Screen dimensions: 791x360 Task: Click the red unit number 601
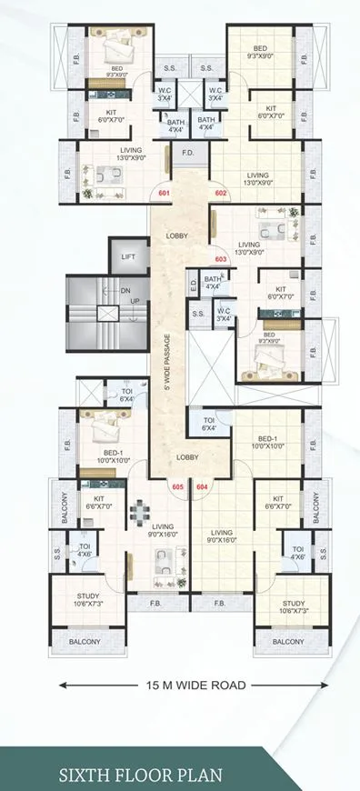[x=164, y=194]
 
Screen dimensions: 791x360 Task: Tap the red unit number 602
[x=220, y=194]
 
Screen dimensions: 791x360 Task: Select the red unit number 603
[x=220, y=257]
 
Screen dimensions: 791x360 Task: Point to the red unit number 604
[x=202, y=486]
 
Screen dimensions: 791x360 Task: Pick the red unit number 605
[x=177, y=486]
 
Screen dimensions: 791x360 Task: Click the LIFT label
[x=129, y=257]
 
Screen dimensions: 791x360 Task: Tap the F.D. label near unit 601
[x=188, y=153]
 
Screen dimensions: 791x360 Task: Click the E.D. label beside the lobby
[x=193, y=285]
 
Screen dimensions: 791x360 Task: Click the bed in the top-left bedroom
[x=115, y=45]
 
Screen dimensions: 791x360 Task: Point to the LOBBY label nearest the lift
[x=177, y=236]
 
